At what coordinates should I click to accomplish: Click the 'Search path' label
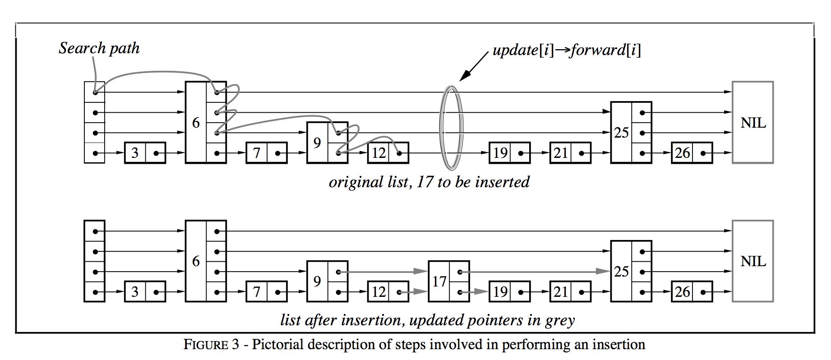[x=99, y=48]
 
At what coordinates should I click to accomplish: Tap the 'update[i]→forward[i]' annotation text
[x=566, y=50]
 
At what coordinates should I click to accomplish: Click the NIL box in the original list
[x=753, y=122]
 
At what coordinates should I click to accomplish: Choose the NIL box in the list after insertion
[x=753, y=261]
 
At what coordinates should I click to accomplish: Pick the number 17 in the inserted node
[x=439, y=282]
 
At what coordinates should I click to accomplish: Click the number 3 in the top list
[x=134, y=153]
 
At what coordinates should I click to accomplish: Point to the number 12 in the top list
[x=378, y=153]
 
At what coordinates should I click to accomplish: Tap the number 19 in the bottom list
[x=500, y=292]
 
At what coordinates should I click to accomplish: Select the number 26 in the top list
[x=682, y=153]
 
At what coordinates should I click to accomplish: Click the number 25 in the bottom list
[x=621, y=272]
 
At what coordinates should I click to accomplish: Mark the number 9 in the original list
[x=317, y=143]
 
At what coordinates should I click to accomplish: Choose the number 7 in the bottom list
[x=256, y=292]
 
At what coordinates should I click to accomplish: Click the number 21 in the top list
[x=560, y=153]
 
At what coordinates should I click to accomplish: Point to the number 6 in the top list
[x=196, y=122]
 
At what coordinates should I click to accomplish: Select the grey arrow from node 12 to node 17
[x=415, y=292]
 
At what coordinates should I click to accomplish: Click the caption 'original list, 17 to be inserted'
[x=429, y=182]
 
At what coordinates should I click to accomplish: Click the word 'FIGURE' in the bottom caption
[x=206, y=345]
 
